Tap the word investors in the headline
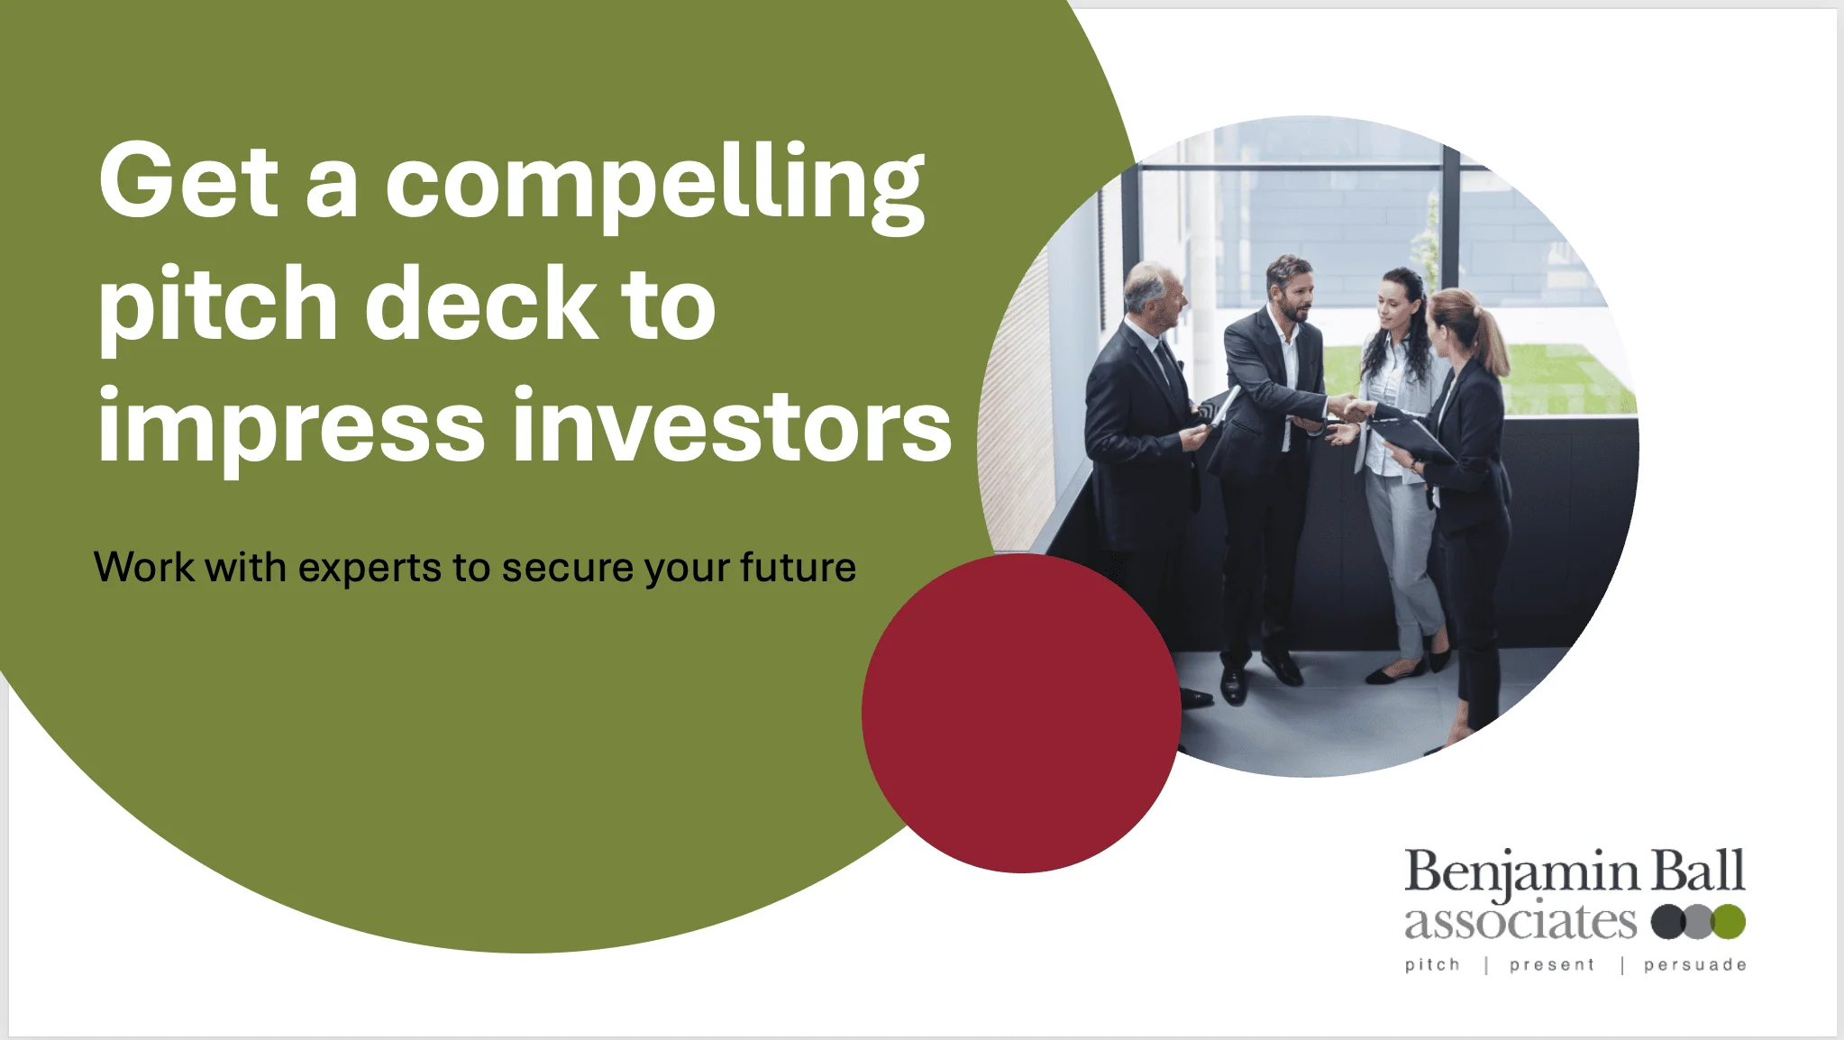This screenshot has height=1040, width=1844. point(732,424)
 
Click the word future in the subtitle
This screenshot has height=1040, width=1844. point(799,567)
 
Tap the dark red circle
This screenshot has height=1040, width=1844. point(1021,713)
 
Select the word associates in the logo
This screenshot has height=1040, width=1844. point(1520,922)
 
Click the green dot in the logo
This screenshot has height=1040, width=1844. point(1730,922)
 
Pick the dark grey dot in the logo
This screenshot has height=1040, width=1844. point(1668,922)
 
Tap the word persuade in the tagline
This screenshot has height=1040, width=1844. point(1695,965)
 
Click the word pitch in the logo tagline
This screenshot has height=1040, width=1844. point(1432,965)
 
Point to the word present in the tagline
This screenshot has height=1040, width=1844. point(1552,965)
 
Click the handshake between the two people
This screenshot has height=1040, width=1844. point(1351,410)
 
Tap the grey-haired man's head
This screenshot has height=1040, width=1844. point(1153,296)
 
